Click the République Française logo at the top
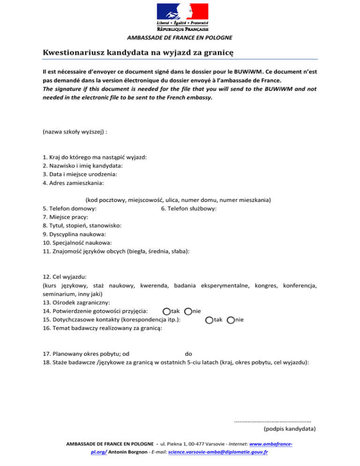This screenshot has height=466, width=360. point(182,17)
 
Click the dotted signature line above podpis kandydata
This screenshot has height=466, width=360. point(273,420)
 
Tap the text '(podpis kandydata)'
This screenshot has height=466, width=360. point(290,428)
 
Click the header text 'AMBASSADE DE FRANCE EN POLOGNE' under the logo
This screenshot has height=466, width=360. point(180,38)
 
